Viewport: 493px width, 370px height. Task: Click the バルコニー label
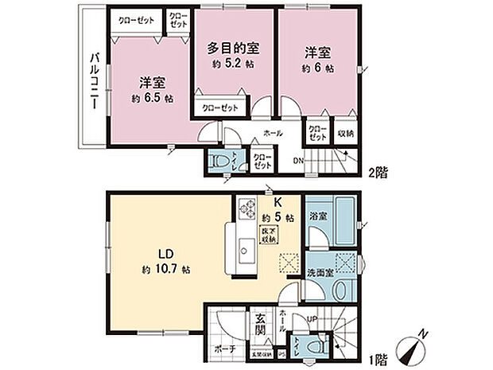pyautogui.click(x=92, y=80)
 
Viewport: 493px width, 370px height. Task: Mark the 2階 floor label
pyautogui.click(x=379, y=171)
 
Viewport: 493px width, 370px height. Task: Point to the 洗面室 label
pyautogui.click(x=320, y=274)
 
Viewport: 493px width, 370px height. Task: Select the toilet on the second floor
pyautogui.click(x=222, y=162)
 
